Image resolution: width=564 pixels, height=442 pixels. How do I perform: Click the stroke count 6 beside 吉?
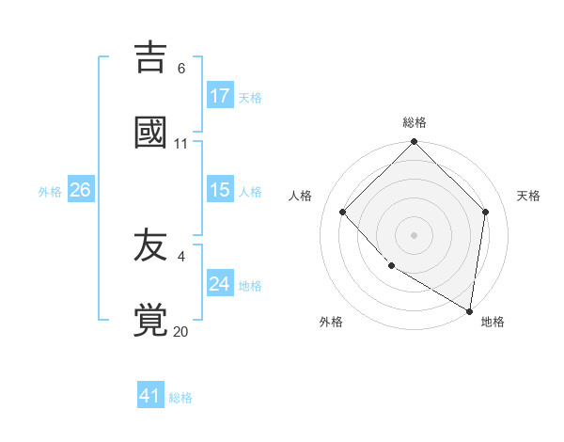[181, 69]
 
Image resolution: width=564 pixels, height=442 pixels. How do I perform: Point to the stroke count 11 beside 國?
[181, 143]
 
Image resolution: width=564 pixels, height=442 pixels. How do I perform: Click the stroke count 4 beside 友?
[181, 257]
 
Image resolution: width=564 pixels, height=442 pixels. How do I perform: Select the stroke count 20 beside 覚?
[181, 331]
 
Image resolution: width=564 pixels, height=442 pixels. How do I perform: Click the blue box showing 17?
[220, 96]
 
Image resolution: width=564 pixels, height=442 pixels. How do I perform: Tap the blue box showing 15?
[220, 190]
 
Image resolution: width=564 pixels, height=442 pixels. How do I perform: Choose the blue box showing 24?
[220, 284]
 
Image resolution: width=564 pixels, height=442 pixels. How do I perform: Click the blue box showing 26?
[80, 190]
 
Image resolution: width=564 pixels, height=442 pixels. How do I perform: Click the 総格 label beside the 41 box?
[180, 398]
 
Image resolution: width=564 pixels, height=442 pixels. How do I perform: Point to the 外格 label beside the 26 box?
[50, 192]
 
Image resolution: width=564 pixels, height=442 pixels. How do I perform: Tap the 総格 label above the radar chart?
[415, 122]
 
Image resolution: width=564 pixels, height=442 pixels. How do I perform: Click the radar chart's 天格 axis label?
[528, 196]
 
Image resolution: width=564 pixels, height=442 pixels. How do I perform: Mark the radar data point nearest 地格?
[471, 310]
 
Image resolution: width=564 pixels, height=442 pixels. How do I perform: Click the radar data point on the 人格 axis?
[343, 212]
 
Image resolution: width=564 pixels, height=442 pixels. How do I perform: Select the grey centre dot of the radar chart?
[415, 234]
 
